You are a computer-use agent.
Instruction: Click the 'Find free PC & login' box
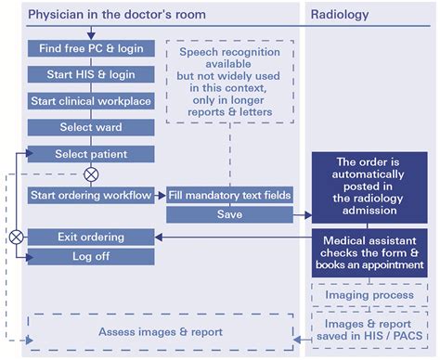90,48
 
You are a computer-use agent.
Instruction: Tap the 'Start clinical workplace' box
90,101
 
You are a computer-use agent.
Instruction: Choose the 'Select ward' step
90,127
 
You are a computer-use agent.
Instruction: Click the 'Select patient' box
90,154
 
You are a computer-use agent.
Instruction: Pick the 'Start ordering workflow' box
90,195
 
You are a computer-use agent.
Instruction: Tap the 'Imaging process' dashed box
369,295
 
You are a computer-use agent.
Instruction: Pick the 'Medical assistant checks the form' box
369,254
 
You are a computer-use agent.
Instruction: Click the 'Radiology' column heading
340,15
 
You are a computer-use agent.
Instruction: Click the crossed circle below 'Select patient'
91,174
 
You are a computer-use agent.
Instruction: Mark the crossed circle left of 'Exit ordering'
16,237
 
